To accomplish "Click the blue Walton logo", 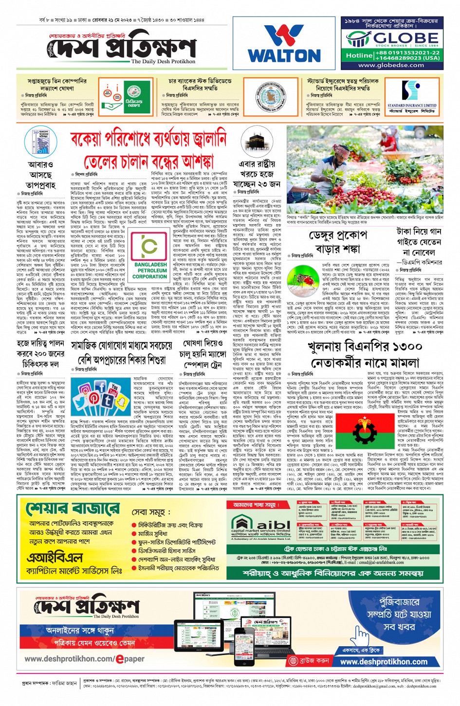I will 284,44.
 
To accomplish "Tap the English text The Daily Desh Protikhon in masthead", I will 163,62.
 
